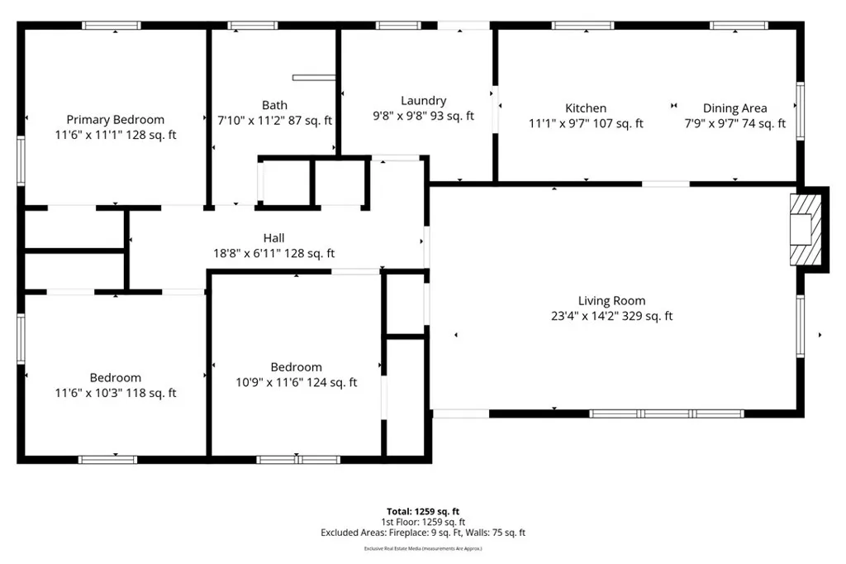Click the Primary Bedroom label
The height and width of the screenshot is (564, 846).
[x=116, y=120]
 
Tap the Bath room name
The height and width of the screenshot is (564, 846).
[x=274, y=105]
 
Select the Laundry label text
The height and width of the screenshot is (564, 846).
[x=424, y=101]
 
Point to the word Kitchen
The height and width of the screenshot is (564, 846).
[x=586, y=108]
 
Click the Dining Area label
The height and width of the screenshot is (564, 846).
[x=734, y=108]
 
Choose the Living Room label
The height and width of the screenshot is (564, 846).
[x=612, y=301]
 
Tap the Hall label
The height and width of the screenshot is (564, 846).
[x=274, y=237]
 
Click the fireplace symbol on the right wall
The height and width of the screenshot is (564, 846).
[x=806, y=229]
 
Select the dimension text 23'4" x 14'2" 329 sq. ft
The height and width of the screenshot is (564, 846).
[x=612, y=316]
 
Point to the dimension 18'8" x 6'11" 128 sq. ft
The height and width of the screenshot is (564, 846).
[x=274, y=253]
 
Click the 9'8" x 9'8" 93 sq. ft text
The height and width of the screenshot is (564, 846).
[x=424, y=116]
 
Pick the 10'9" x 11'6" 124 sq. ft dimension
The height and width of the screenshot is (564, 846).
[x=297, y=383]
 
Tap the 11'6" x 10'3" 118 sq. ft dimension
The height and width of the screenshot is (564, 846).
[x=116, y=394]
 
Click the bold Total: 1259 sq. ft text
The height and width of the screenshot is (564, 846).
[x=423, y=512]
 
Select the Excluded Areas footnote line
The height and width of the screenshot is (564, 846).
[x=423, y=533]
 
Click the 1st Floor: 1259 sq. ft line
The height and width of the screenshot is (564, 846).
[x=423, y=522]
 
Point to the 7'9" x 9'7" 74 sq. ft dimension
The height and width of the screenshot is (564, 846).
[x=734, y=124]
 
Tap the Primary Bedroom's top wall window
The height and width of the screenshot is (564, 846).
[x=112, y=26]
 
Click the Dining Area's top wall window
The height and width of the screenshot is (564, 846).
[x=739, y=26]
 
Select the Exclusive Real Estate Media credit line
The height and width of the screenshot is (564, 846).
[x=423, y=549]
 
